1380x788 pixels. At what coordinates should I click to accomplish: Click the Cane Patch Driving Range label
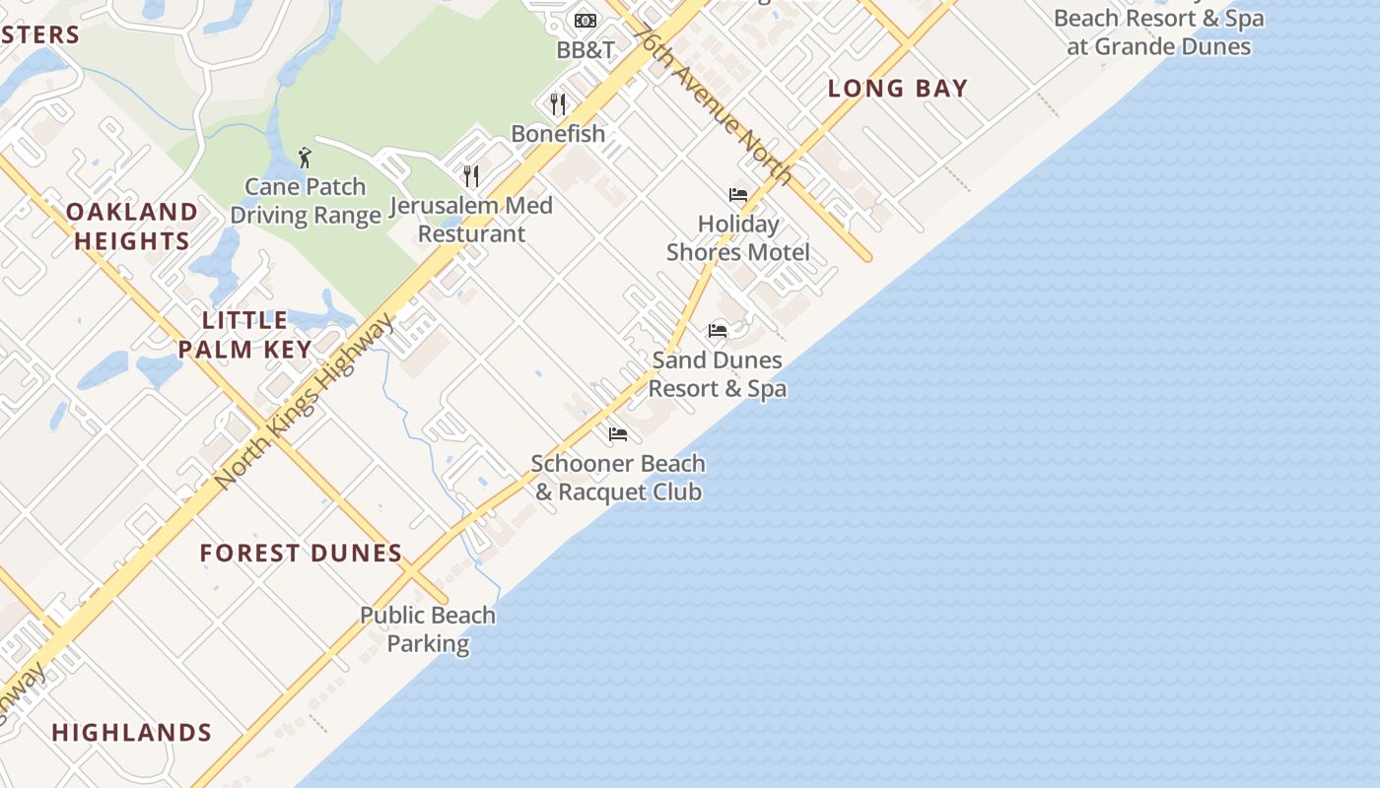coord(306,201)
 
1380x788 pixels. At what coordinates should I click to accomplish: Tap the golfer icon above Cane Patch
coord(305,158)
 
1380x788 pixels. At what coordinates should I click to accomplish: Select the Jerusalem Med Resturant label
coord(471,220)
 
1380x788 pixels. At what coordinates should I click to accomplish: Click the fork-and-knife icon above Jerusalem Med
coord(471,176)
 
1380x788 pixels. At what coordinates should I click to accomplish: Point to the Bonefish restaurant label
coord(558,134)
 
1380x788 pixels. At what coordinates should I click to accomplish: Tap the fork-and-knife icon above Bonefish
coord(558,103)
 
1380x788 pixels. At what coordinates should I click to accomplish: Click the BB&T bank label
coord(586,50)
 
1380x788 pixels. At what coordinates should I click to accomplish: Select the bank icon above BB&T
coord(586,21)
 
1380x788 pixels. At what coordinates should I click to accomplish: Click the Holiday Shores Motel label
coord(738,238)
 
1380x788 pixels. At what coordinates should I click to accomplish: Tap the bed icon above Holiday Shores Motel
coord(738,195)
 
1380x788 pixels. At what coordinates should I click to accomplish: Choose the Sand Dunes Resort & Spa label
coord(718,374)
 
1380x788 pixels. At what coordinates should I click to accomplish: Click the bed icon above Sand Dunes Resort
coord(718,331)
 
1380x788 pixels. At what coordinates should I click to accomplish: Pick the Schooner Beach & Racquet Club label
coord(618,478)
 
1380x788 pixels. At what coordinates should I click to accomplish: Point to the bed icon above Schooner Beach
coord(618,433)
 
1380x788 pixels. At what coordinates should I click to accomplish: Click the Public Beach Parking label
coord(428,629)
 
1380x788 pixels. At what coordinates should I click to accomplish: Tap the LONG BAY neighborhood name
coord(898,89)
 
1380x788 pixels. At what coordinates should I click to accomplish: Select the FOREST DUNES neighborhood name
coord(301,554)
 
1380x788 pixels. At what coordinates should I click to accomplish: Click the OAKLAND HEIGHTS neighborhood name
coord(132,227)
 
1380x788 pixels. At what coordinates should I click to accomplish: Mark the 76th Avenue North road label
coord(713,103)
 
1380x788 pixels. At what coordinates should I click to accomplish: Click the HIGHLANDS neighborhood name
coord(132,733)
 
